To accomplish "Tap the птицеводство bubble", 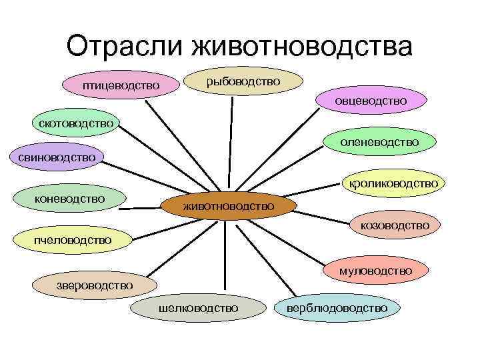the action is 121,85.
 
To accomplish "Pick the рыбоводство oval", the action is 243,81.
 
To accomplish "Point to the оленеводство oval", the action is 379,142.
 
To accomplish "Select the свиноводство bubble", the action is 53,157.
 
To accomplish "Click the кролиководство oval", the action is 391,183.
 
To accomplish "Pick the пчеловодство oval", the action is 73,239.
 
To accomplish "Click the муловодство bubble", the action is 375,271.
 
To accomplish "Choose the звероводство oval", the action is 94,285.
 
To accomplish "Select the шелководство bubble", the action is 198,307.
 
